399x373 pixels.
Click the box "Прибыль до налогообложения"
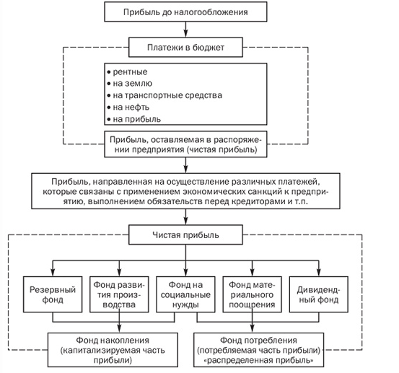(185, 12)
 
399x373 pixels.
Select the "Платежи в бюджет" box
(185, 48)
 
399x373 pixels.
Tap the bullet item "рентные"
(127, 72)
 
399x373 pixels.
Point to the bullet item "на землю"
(130, 84)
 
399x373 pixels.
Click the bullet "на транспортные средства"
(165, 95)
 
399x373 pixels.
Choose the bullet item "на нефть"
(128, 107)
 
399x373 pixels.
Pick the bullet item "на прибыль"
(134, 119)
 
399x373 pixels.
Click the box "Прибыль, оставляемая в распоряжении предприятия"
(185, 144)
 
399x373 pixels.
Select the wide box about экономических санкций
(185, 191)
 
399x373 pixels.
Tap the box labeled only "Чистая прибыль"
(185, 234)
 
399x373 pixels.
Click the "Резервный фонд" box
(53, 294)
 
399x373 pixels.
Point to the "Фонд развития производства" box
(119, 294)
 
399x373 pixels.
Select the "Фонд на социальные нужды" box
(185, 294)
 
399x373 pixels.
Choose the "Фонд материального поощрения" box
(253, 294)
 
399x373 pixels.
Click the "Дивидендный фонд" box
(319, 294)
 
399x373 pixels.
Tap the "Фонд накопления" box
(113, 350)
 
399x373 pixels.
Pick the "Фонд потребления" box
(259, 350)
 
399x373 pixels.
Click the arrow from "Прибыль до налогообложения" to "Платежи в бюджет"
(185, 30)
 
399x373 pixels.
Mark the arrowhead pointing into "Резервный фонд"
(53, 273)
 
